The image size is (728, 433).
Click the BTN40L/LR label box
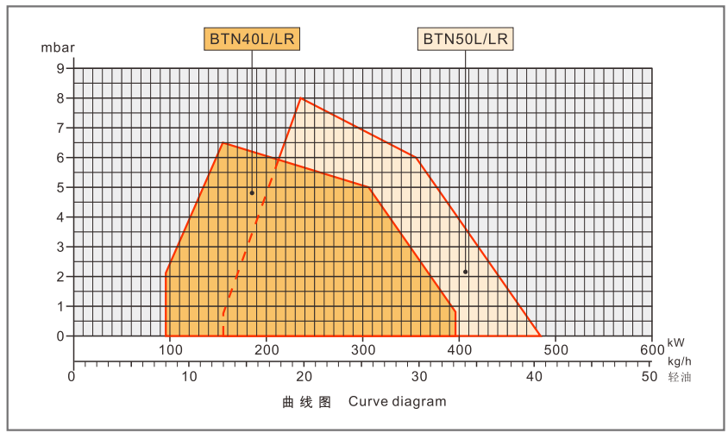(x=253, y=39)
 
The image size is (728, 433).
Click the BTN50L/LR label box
(x=466, y=39)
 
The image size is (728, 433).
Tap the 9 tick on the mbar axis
(x=61, y=68)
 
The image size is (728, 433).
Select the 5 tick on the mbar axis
(x=61, y=187)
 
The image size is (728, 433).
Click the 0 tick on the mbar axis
(x=61, y=336)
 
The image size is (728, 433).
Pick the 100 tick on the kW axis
(x=170, y=349)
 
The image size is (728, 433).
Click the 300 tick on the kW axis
(x=363, y=349)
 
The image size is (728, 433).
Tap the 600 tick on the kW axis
(x=651, y=349)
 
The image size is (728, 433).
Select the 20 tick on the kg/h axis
(x=304, y=377)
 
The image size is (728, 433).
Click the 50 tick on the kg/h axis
(x=651, y=377)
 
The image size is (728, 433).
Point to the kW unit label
(x=676, y=343)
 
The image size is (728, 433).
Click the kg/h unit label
(x=680, y=360)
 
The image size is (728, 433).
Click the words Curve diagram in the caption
(x=398, y=401)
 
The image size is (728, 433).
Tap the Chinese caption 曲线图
(x=306, y=402)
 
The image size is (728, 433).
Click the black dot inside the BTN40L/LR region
(x=252, y=193)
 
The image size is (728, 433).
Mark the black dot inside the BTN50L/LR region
(x=465, y=272)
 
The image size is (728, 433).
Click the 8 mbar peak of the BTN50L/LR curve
(x=300, y=97)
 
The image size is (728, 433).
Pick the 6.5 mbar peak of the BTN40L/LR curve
(x=223, y=142)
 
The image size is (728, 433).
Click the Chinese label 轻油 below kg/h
(x=680, y=377)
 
